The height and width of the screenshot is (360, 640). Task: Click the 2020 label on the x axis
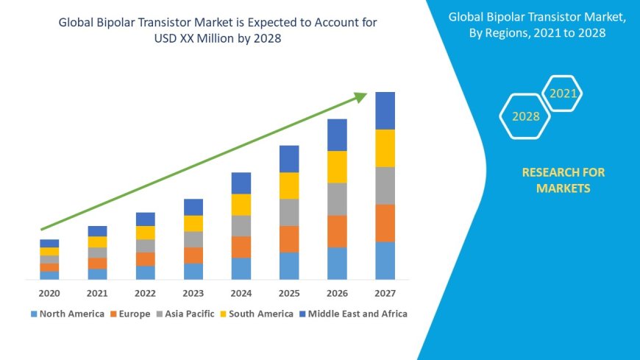coord(49,293)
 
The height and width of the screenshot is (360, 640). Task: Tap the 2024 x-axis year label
coord(241,293)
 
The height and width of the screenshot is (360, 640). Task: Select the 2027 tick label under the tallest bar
coord(385,293)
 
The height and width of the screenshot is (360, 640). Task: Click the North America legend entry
coord(67,314)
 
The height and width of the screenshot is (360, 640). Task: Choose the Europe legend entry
coord(130,314)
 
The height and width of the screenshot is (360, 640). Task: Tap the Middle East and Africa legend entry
coord(352,314)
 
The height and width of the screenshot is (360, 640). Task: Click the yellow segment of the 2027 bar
coord(385,148)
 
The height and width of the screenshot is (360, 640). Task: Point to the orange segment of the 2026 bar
coord(337,231)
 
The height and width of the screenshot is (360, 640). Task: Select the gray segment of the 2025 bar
coord(289,212)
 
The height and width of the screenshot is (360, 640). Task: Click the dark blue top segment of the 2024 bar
coord(241,183)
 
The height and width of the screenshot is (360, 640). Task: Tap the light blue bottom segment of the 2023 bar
coord(193,272)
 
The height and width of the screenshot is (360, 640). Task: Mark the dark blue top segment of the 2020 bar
coord(49,243)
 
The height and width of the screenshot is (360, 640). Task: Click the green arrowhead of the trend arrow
coord(360,96)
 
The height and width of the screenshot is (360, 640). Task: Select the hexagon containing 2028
coord(525,116)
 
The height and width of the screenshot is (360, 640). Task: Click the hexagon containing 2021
coord(563,93)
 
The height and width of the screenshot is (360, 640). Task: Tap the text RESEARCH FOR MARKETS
coord(563,180)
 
